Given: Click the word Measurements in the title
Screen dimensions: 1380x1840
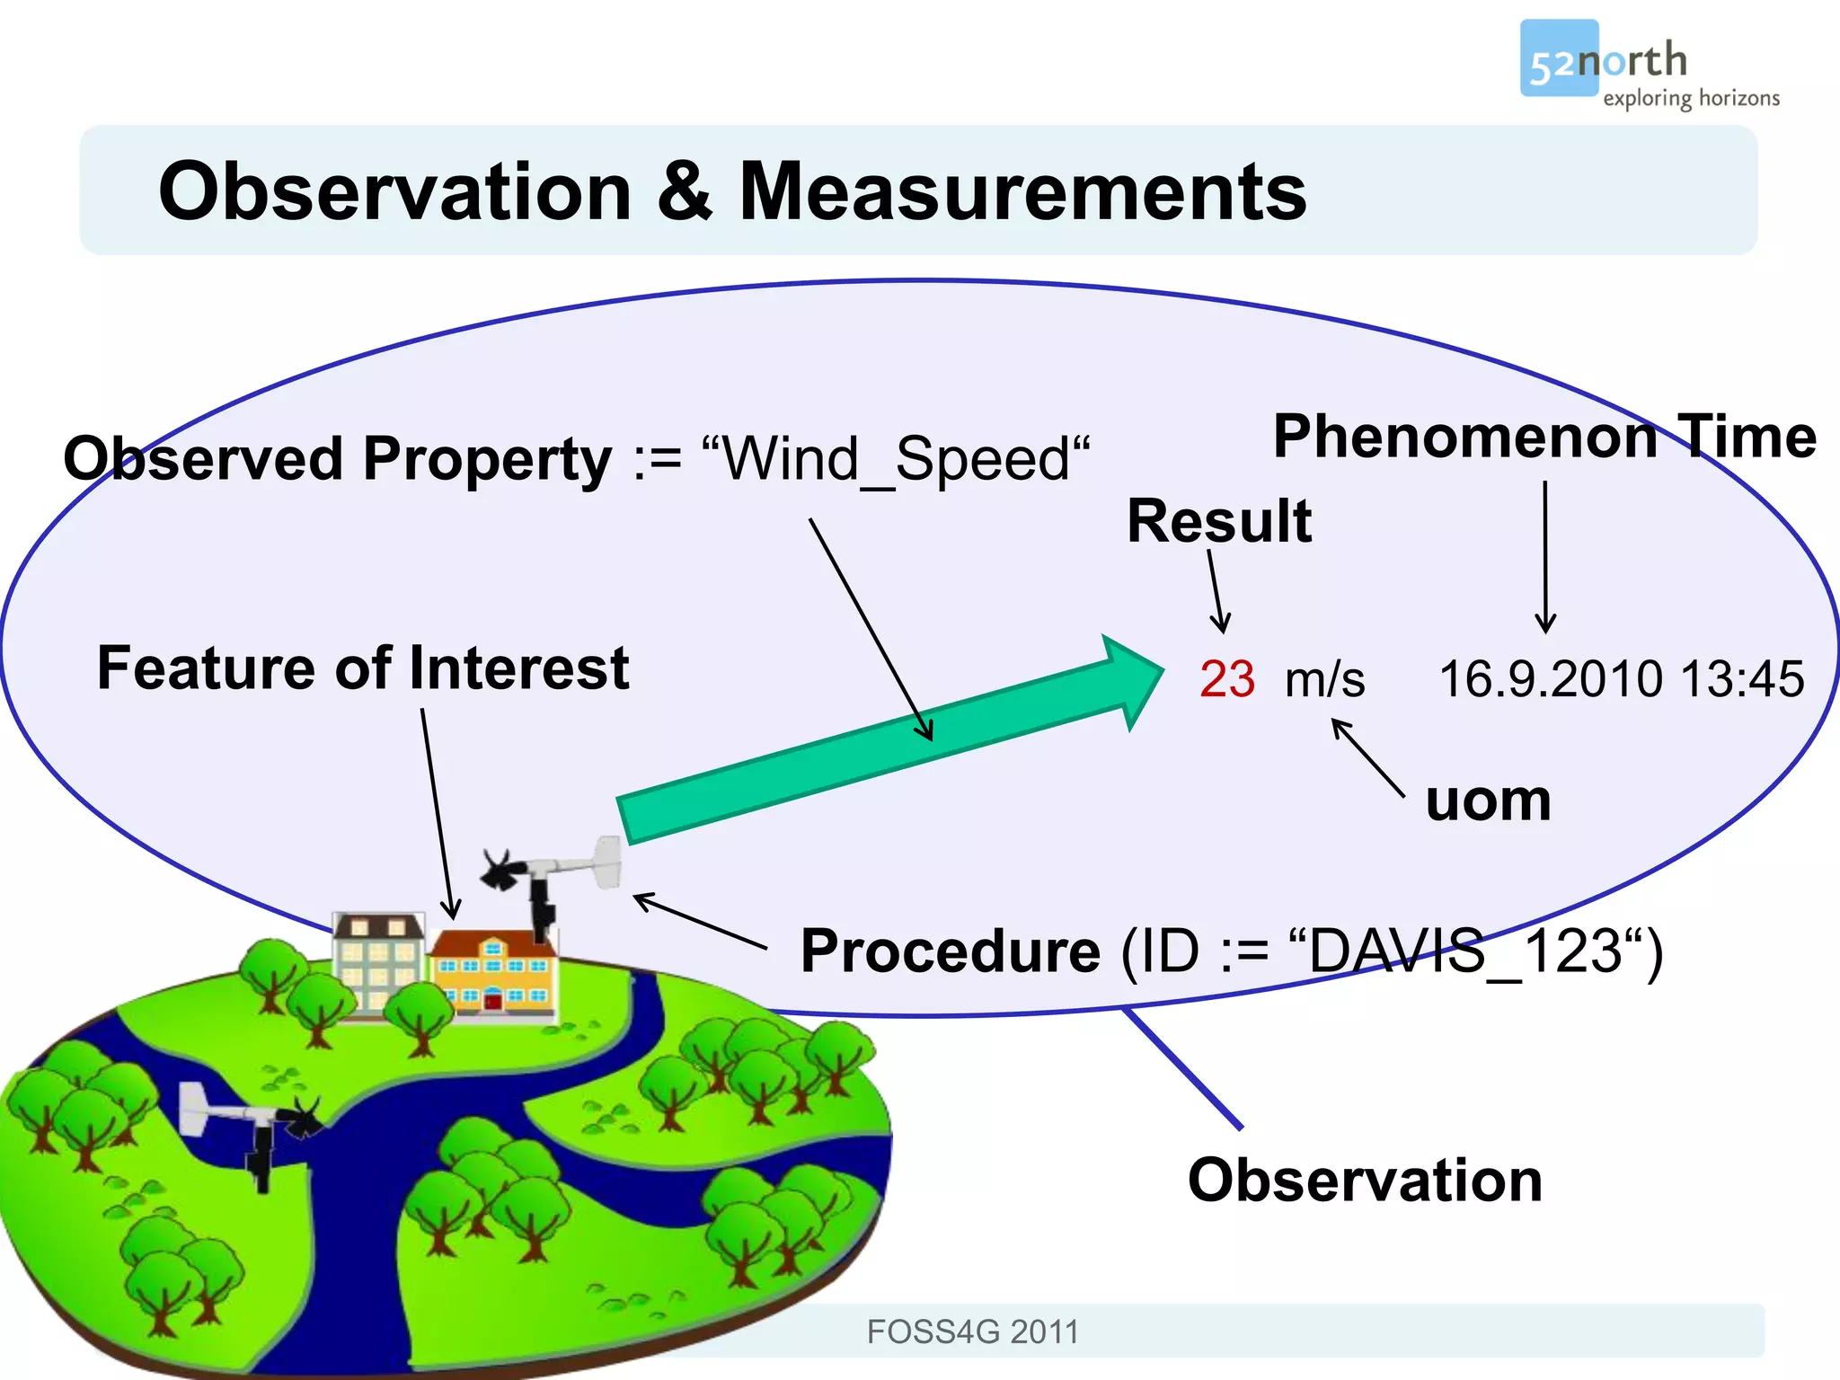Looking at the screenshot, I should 1022,191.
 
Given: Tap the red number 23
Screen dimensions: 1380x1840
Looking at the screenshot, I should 1226,679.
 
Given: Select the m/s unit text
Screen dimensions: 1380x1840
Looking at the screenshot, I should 1324,679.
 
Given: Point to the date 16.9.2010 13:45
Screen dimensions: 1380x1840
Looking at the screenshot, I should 1621,679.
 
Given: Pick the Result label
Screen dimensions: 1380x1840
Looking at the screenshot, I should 1218,521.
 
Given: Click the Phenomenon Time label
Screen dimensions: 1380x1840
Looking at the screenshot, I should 1544,438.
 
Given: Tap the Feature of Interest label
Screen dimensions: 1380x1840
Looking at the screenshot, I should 362,668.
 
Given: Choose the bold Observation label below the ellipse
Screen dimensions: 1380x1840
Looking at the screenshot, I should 1364,1181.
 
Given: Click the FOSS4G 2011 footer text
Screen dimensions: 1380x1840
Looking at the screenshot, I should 972,1331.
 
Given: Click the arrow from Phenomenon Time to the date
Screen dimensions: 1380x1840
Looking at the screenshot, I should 1545,557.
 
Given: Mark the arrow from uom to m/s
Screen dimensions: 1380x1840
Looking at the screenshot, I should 1367,756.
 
